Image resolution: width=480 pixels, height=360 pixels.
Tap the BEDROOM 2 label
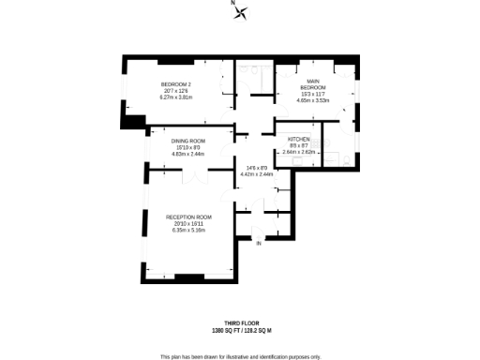(x=175, y=85)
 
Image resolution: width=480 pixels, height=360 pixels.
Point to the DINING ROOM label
(x=187, y=142)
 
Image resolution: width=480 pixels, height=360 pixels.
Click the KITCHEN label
(x=299, y=140)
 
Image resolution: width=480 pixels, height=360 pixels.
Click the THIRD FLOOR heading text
(x=241, y=322)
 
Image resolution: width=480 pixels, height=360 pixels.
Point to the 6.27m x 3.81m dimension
(x=175, y=97)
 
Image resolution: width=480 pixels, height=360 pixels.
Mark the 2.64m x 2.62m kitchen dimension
(x=299, y=152)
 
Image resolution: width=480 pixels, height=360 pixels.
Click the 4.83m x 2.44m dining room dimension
(x=187, y=154)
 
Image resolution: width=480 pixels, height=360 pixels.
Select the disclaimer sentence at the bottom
(x=241, y=356)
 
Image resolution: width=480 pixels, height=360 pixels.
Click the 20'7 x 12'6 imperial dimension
(x=175, y=91)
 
